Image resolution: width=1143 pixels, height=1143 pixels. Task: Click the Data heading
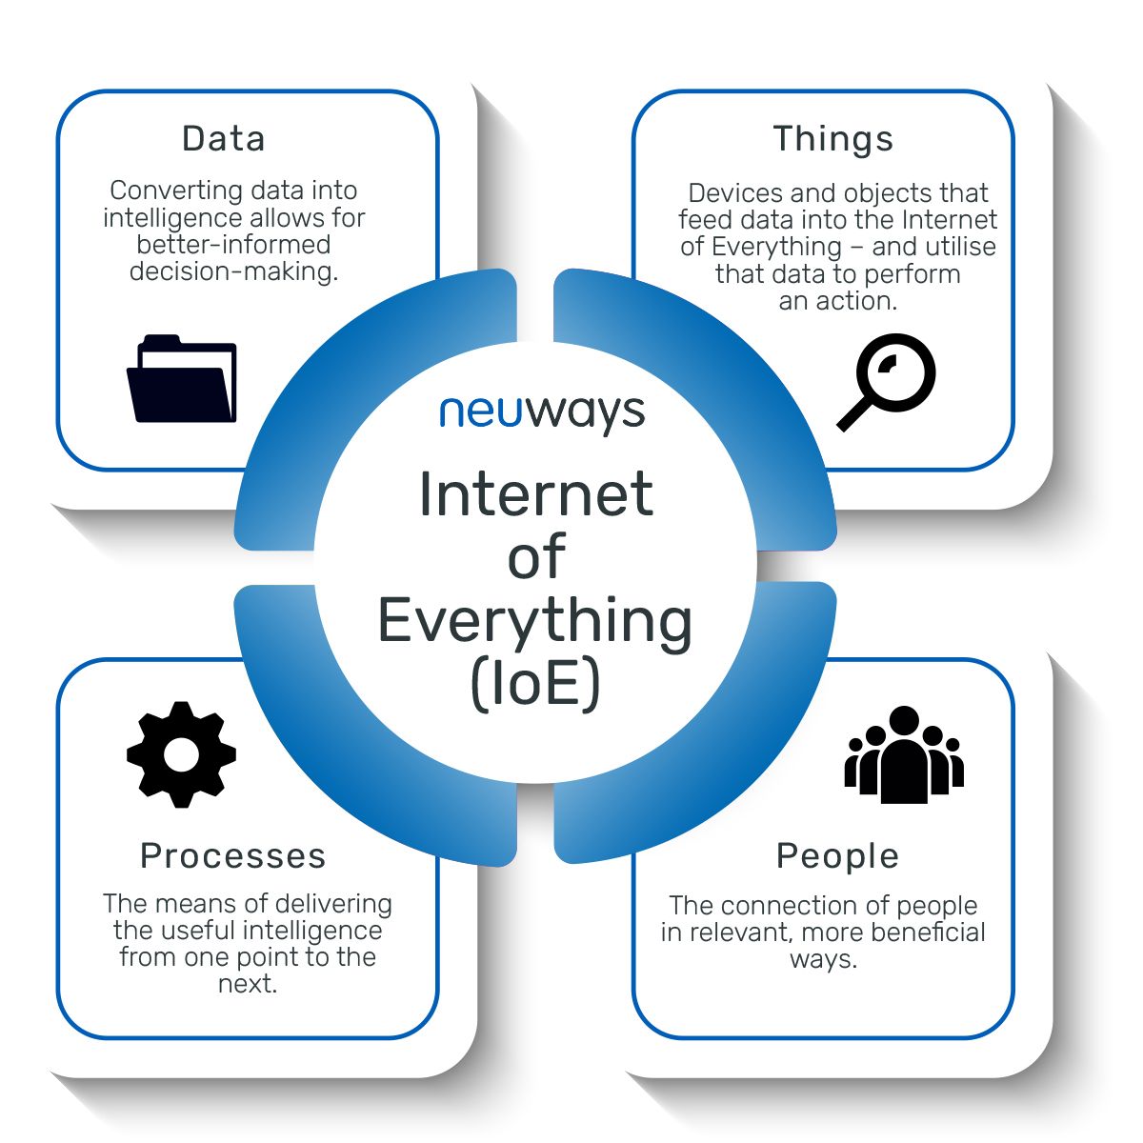(224, 139)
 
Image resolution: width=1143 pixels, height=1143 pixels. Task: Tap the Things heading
(833, 139)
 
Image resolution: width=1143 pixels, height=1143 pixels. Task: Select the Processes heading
(233, 856)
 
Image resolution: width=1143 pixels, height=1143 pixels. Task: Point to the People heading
(837, 856)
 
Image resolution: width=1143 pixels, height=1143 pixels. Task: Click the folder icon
(181, 379)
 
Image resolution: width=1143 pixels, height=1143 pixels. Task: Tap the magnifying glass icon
(886, 383)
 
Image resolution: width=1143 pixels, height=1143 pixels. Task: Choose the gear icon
(181, 754)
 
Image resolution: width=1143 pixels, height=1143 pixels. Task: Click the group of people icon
(904, 754)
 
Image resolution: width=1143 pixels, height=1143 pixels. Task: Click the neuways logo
(542, 412)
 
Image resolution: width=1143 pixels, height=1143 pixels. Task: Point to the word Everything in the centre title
(535, 621)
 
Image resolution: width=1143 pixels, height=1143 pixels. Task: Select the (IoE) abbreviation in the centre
(535, 684)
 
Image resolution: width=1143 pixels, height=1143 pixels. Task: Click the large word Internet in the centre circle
(535, 494)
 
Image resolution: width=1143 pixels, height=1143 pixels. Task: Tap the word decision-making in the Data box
(234, 272)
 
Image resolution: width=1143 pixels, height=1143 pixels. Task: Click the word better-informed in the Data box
(234, 245)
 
